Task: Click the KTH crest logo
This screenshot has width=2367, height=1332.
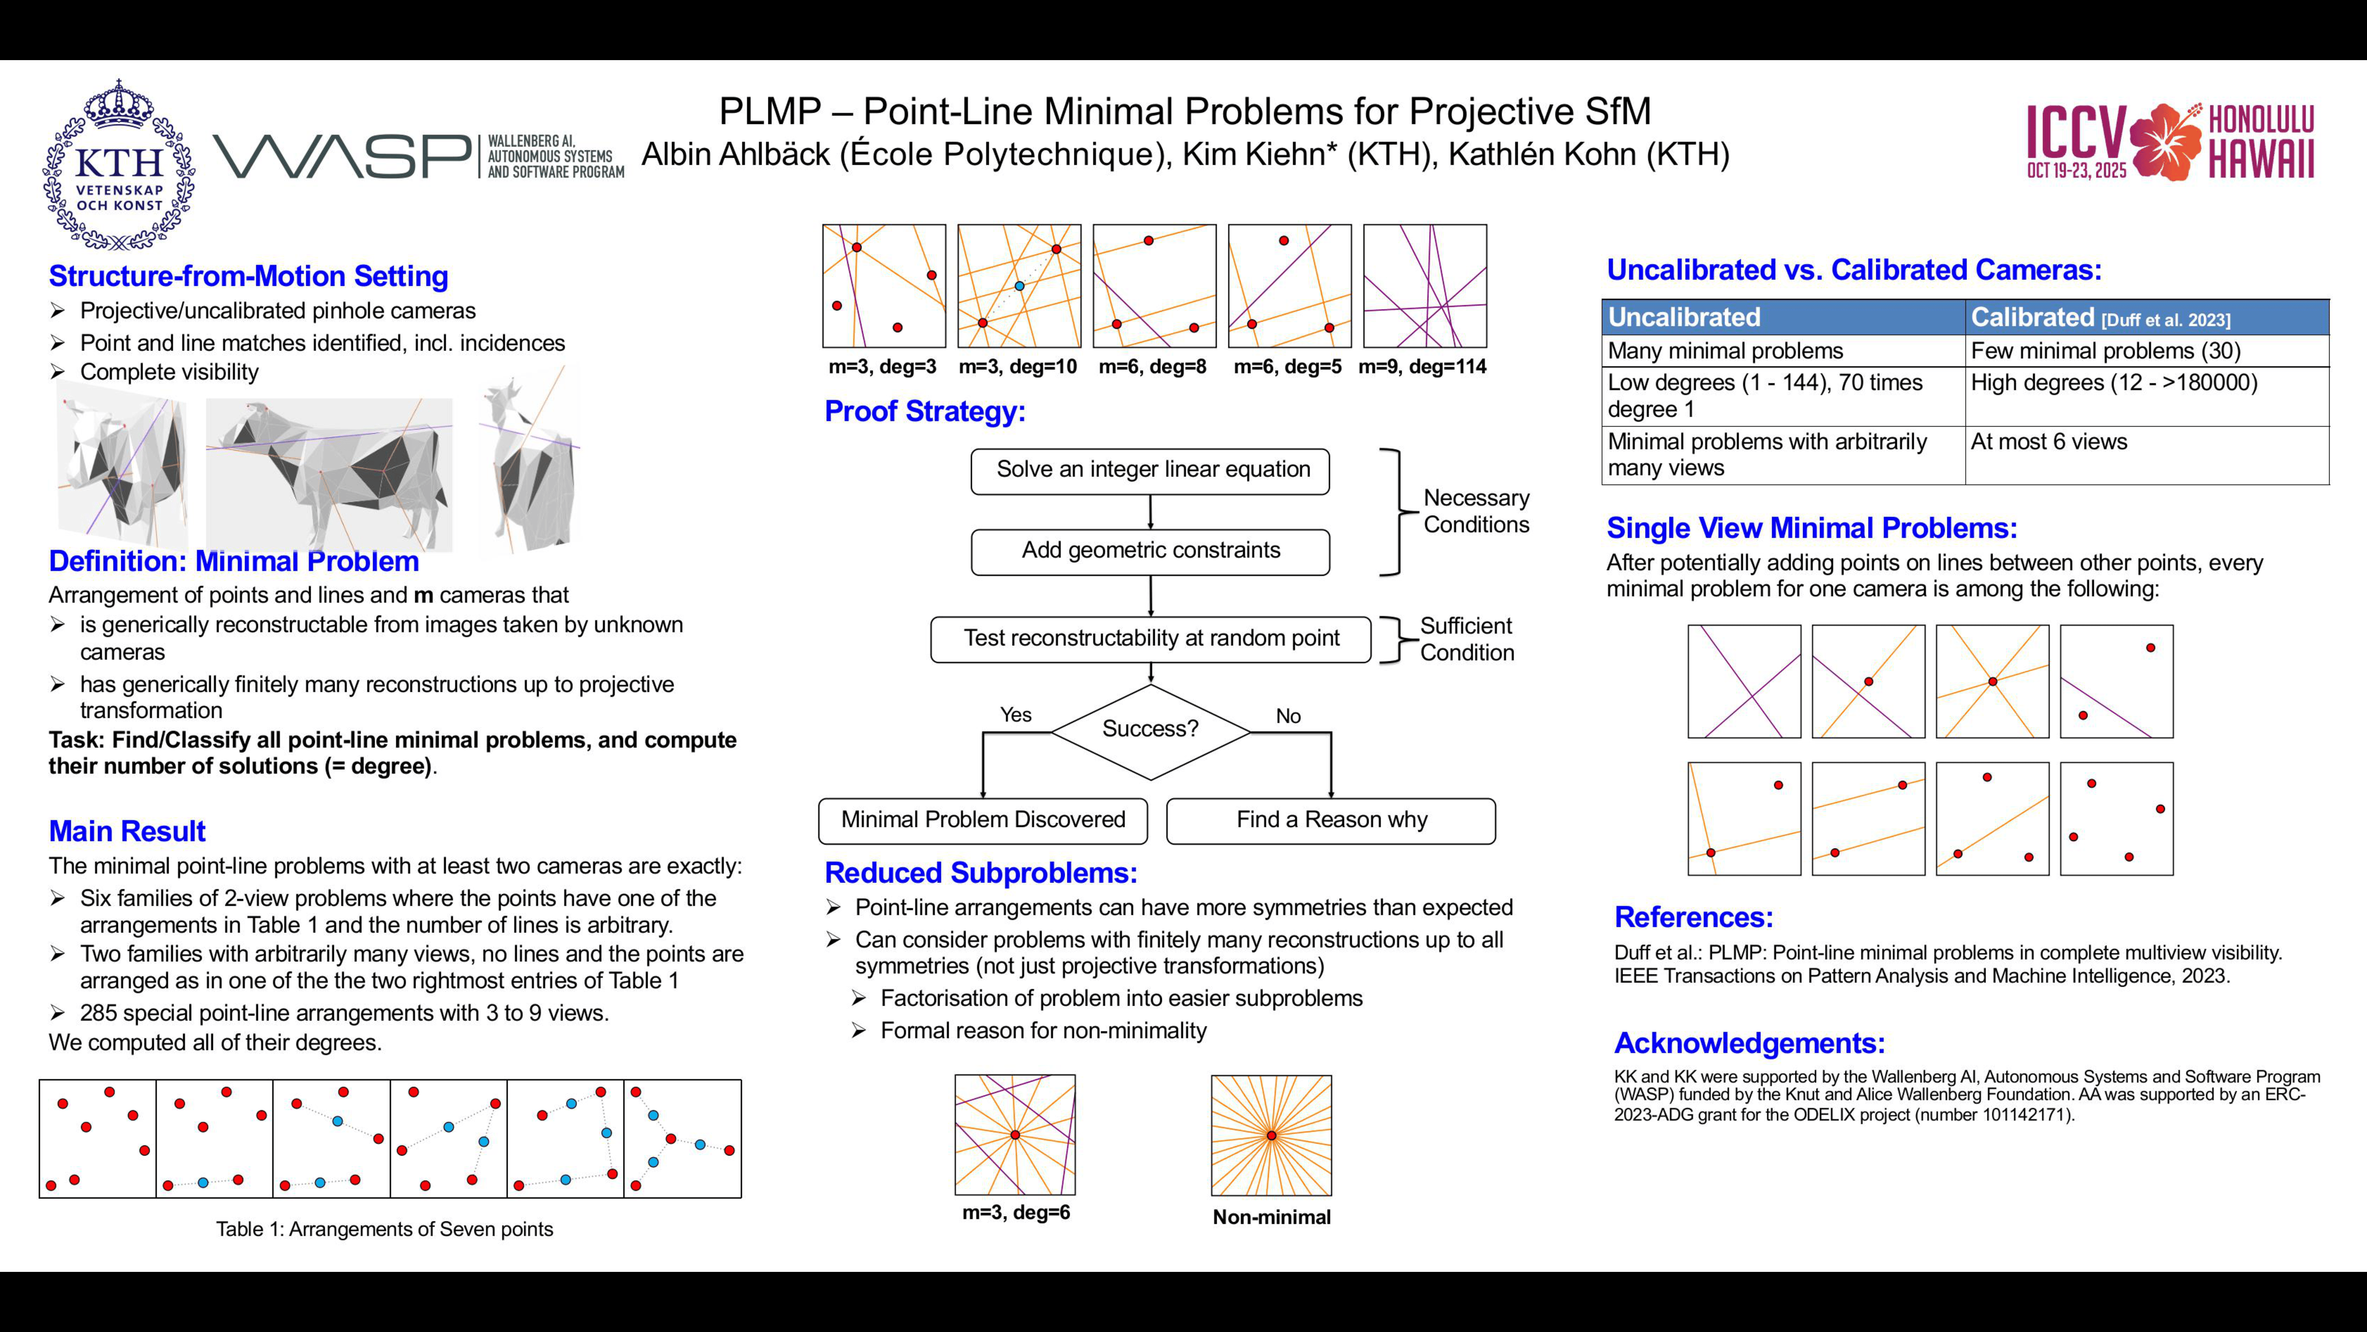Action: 119,166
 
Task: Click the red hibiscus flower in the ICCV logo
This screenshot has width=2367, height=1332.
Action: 2166,141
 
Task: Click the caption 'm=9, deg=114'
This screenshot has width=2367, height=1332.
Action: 1423,367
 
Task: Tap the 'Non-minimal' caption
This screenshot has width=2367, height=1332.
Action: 1272,1217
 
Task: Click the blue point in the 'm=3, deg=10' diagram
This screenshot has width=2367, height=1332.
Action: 1019,286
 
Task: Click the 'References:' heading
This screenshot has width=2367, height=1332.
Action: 1693,918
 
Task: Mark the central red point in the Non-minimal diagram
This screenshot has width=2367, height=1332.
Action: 1272,1136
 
